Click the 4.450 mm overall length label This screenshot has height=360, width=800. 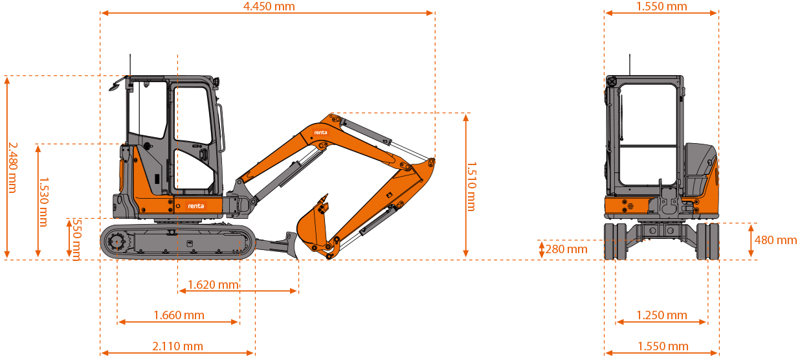(269, 6)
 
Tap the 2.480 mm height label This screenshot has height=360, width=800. (12, 168)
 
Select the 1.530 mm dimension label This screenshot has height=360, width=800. (43, 202)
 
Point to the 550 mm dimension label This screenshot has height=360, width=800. (77, 240)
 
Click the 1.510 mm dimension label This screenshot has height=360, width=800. (471, 186)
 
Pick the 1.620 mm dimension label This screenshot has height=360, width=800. (213, 285)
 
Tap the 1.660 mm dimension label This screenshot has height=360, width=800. (179, 315)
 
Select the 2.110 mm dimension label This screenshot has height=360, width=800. (177, 346)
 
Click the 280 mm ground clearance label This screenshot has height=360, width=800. (566, 249)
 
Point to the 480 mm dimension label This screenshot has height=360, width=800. (775, 240)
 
